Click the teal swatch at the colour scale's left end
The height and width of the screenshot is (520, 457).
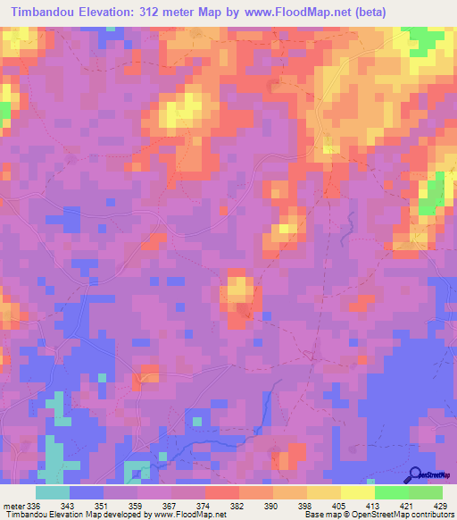[53, 493]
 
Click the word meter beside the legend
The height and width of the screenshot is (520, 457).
[11, 506]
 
